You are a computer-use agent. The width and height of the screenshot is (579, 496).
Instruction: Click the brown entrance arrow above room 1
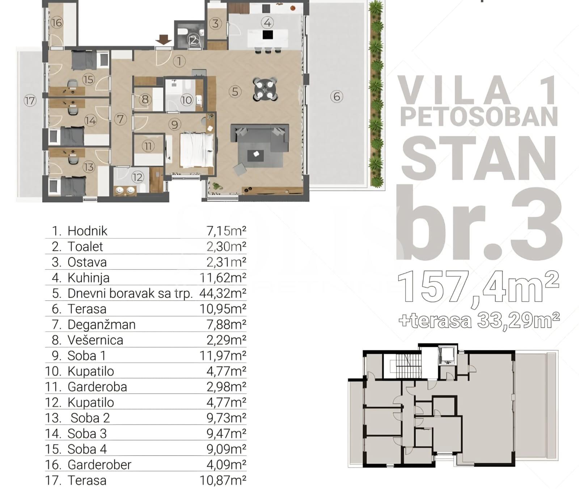pos(164,39)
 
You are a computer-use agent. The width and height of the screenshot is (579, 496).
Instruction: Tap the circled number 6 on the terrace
pos(337,96)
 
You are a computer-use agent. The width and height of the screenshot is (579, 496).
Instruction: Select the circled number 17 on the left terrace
pos(30,100)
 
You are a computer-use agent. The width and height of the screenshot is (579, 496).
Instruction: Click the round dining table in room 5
pos(266,89)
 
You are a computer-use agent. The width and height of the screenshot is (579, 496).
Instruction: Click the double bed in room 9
pos(196,150)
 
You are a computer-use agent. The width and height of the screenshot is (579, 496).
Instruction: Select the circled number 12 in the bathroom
pos(138,177)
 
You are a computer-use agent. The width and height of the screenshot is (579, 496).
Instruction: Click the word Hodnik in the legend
pos(88,231)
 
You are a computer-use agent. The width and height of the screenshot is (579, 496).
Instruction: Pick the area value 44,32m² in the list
pos(223,293)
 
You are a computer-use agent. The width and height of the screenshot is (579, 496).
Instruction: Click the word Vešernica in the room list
pos(96,340)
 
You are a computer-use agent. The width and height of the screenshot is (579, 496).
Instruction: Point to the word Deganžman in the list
pos(102,324)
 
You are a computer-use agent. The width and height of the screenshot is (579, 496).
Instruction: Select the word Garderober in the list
pos(100,465)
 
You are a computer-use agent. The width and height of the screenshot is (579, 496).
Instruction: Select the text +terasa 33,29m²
pos(479,321)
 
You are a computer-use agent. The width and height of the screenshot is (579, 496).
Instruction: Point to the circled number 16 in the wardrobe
pos(57,23)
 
